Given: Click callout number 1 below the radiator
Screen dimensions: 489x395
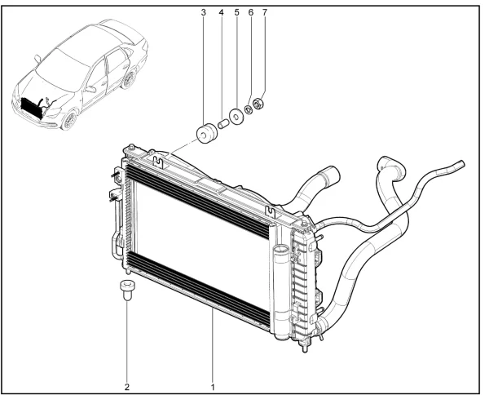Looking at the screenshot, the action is click(213, 387).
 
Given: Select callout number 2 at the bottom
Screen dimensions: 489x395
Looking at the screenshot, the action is click(127, 387).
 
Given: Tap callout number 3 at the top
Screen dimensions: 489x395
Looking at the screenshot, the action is click(204, 12).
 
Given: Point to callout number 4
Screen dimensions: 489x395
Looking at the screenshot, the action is click(221, 12).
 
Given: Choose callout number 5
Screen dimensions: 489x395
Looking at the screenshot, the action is click(236, 12).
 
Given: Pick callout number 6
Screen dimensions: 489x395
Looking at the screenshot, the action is click(251, 12).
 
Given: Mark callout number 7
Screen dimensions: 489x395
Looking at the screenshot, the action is click(265, 12).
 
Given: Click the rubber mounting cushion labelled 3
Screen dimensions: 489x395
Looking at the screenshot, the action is click(206, 134).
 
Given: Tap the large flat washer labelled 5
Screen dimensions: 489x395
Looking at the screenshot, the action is click(236, 117).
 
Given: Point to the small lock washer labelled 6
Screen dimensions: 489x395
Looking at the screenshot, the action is click(249, 110).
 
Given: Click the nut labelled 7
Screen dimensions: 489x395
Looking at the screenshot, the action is click(258, 104).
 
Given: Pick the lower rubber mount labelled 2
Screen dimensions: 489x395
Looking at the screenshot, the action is click(126, 290).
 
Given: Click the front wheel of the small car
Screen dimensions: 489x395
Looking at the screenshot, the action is click(69, 120).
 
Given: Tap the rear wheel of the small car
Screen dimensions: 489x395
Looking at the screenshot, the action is click(129, 80).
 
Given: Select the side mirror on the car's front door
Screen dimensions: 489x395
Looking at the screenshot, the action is click(90, 89).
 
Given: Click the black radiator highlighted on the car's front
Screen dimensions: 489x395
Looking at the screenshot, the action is click(31, 108).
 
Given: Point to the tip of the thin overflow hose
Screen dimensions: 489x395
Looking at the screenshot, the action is click(462, 163).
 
